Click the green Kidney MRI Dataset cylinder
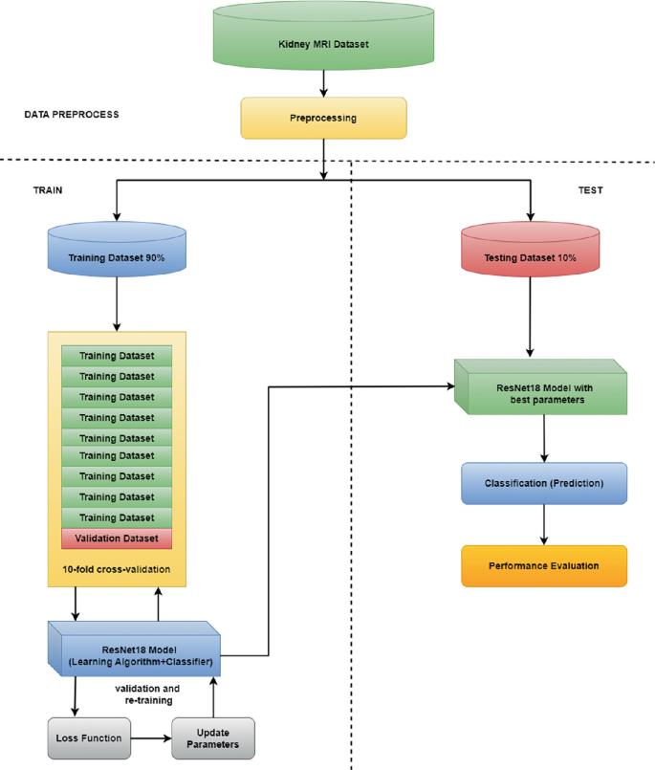coord(324,44)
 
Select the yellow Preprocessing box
coord(324,120)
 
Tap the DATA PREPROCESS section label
coord(72,114)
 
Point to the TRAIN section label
coord(48,190)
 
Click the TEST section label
coord(590,190)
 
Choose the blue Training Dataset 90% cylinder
coord(116,258)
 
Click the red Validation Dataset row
coord(116,539)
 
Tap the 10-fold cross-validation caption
coord(116,569)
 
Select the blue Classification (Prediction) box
coord(544,483)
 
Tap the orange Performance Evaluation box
coord(544,565)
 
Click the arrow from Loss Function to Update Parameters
coord(151,737)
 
